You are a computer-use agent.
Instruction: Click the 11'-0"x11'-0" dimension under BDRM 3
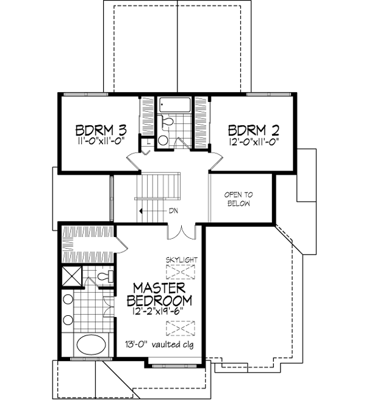point(101,141)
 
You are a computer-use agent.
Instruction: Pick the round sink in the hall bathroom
point(163,141)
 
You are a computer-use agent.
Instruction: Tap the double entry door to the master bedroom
point(176,232)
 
